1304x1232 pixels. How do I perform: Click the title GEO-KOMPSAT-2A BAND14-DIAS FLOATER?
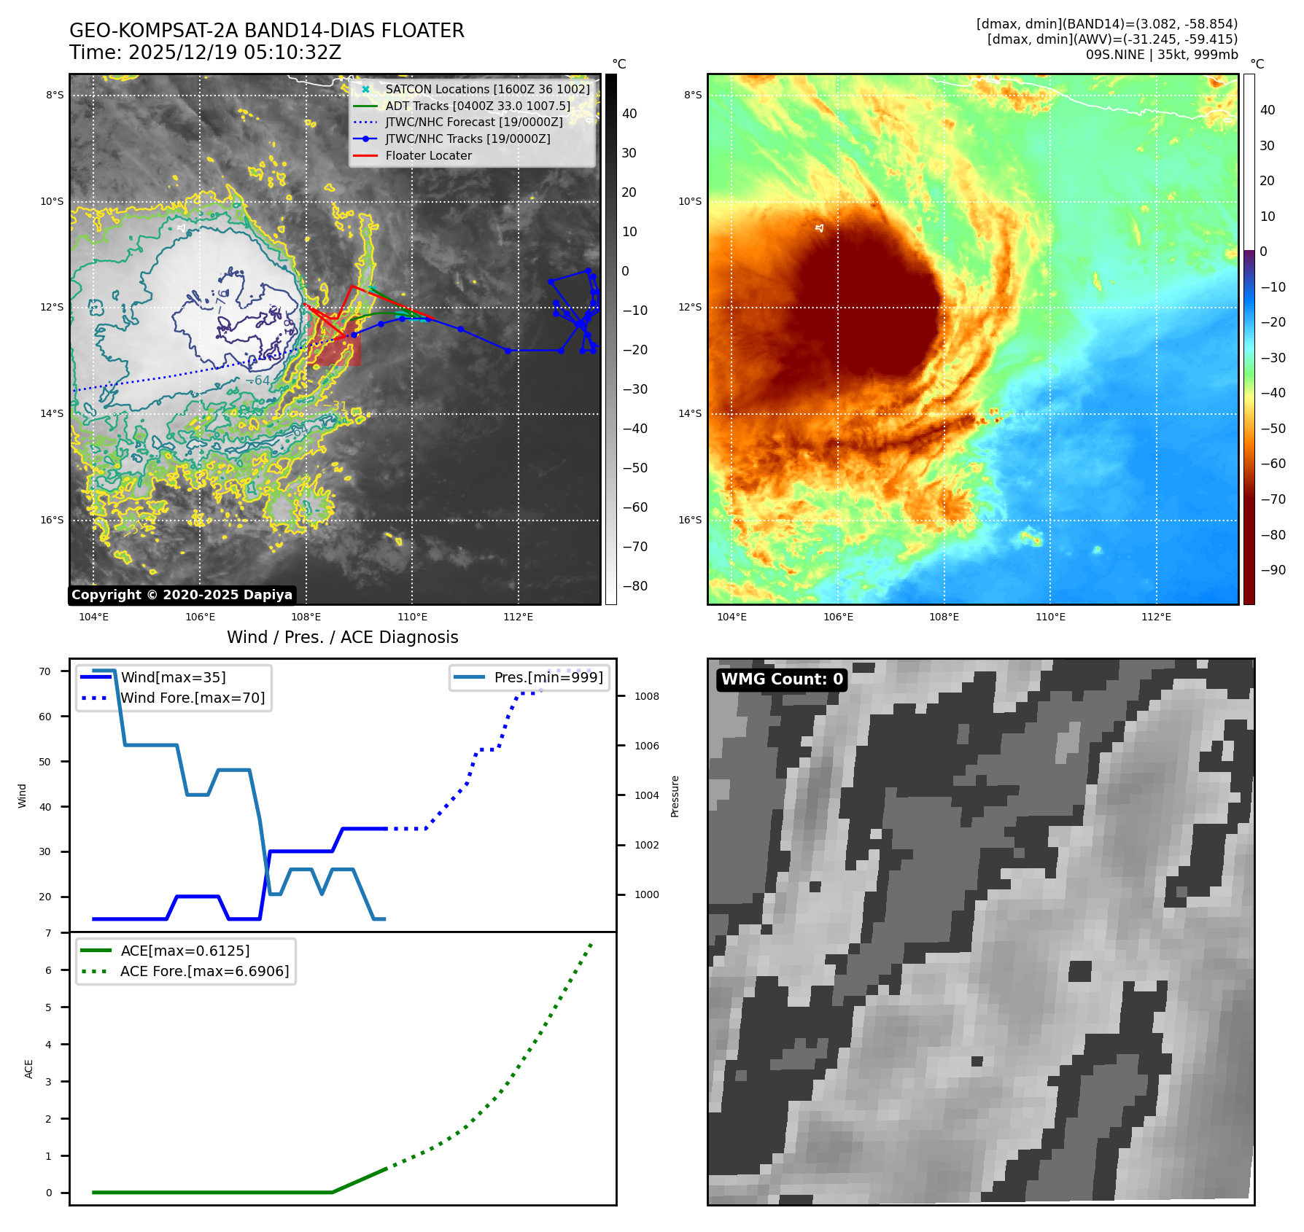pos(266,31)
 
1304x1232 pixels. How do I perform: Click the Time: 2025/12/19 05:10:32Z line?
pos(205,52)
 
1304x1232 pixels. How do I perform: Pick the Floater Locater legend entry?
pos(428,155)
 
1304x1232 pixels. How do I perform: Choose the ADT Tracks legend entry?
pos(478,106)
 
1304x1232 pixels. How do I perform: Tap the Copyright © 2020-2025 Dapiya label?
pos(182,595)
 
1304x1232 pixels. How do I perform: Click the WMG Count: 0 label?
pos(782,679)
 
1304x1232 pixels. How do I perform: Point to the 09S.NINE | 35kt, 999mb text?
pos(1161,55)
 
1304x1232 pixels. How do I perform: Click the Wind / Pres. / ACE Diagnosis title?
pos(342,637)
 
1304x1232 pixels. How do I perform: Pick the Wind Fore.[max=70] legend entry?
pos(193,698)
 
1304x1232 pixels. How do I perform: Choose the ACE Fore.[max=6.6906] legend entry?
pos(204,971)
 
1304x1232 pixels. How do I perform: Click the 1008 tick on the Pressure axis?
pos(646,696)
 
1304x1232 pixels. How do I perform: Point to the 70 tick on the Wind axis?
pos(45,671)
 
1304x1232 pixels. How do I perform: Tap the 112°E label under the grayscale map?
pos(518,617)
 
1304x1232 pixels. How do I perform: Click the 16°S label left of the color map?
pos(690,520)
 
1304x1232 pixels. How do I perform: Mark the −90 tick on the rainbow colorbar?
pos(1273,570)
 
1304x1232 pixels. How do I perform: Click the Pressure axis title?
pos(675,796)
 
